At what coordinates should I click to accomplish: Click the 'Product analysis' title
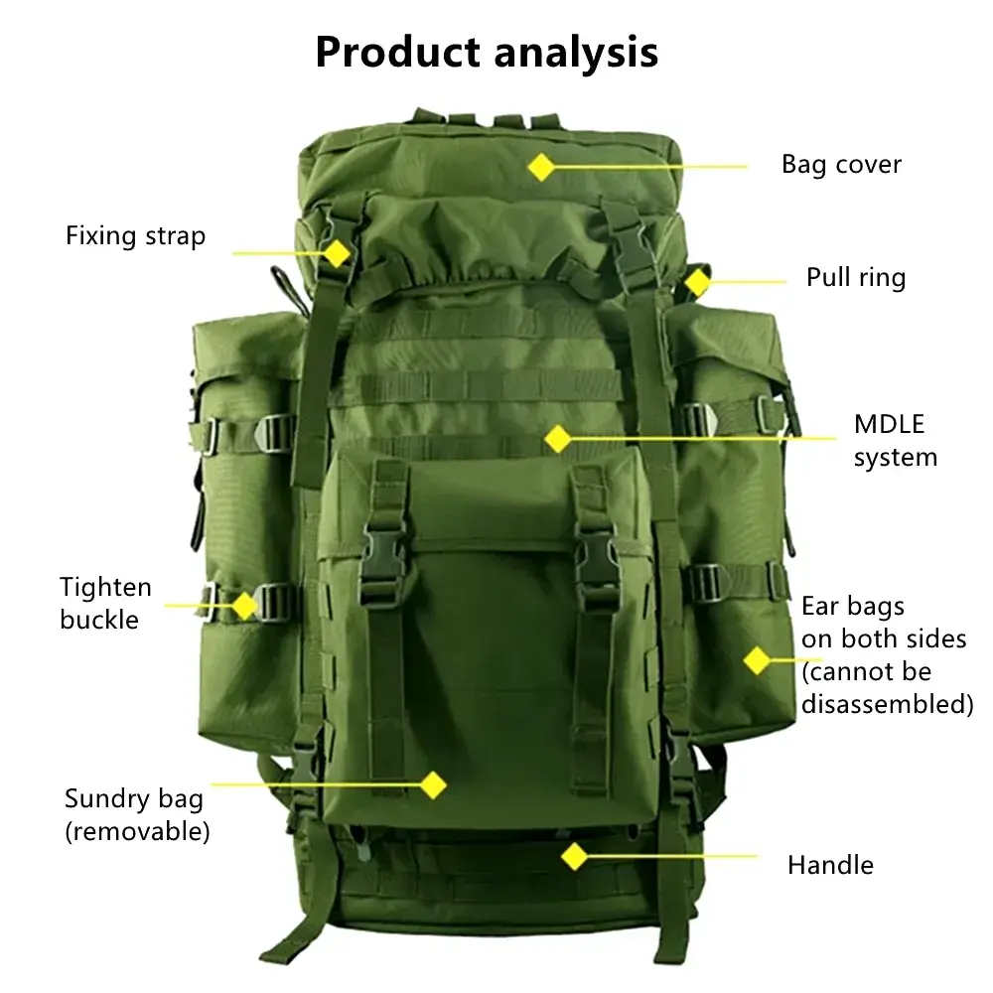pyautogui.click(x=487, y=53)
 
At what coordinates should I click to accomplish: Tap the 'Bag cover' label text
pyautogui.click(x=841, y=165)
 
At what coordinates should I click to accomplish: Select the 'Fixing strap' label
pyautogui.click(x=135, y=236)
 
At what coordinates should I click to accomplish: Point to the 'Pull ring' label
pyautogui.click(x=856, y=277)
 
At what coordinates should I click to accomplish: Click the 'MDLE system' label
pyautogui.click(x=895, y=441)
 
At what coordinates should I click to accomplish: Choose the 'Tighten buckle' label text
pyautogui.click(x=105, y=604)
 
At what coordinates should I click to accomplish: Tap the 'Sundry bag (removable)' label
pyautogui.click(x=137, y=815)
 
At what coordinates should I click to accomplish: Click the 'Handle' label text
pyautogui.click(x=830, y=865)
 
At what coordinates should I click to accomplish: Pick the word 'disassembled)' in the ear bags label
pyautogui.click(x=887, y=704)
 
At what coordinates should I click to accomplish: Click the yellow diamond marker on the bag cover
pyautogui.click(x=541, y=167)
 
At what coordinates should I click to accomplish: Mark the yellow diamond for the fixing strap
pyautogui.click(x=337, y=253)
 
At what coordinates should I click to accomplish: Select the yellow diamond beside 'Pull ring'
pyautogui.click(x=698, y=282)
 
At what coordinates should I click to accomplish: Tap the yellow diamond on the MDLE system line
pyautogui.click(x=558, y=439)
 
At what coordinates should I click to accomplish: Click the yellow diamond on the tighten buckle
pyautogui.click(x=244, y=606)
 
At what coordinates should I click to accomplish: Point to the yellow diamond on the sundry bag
pyautogui.click(x=433, y=785)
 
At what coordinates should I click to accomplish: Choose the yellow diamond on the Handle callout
pyautogui.click(x=575, y=857)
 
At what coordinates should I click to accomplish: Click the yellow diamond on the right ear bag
pyautogui.click(x=757, y=660)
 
